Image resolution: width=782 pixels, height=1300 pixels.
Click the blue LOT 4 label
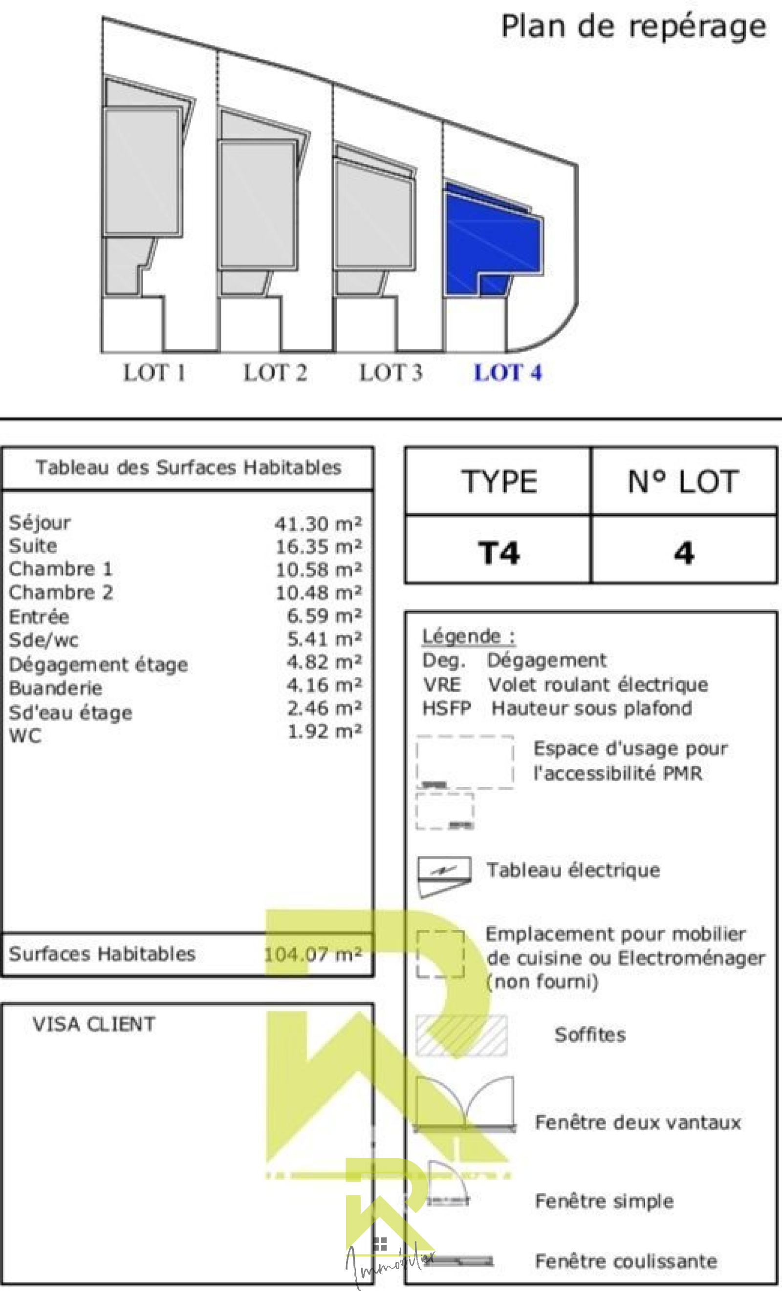[x=507, y=373]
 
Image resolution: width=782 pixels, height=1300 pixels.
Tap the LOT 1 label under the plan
[x=154, y=373]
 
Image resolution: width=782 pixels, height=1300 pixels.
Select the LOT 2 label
[x=275, y=373]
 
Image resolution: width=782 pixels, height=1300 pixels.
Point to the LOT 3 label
[x=391, y=373]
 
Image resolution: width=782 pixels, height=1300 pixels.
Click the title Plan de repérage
[x=633, y=26]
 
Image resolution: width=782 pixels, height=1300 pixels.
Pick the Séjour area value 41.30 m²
[x=318, y=523]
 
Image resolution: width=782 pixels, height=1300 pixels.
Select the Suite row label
[x=33, y=546]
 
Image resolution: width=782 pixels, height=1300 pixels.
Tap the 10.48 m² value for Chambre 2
[x=318, y=593]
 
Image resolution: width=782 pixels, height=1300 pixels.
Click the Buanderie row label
[x=55, y=688]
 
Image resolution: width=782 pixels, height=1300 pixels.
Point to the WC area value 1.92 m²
[x=324, y=731]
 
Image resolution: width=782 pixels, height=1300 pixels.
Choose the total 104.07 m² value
[x=312, y=954]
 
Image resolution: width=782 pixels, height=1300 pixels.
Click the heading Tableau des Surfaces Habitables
[x=188, y=468]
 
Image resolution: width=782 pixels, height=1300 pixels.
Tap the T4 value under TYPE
[x=499, y=553]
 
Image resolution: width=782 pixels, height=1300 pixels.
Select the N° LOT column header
[x=683, y=481]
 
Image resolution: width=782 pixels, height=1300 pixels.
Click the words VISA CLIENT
[x=94, y=1024]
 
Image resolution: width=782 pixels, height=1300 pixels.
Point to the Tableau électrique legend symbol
[x=444, y=875]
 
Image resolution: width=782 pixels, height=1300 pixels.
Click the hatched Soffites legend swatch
[x=461, y=1035]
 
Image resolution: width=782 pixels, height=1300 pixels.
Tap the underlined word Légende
[x=461, y=636]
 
